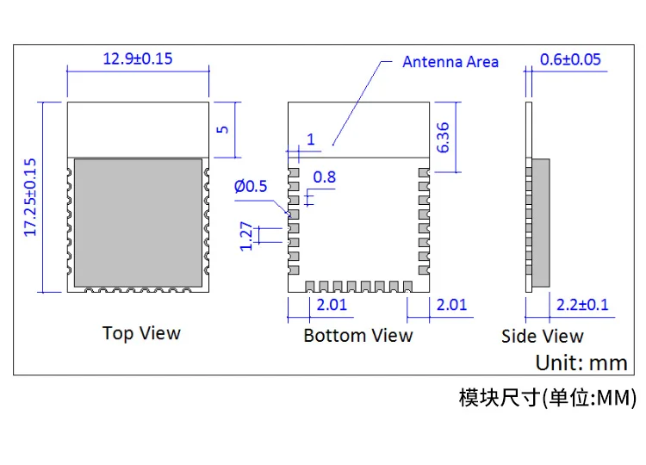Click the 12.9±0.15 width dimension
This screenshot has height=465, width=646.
tap(138, 59)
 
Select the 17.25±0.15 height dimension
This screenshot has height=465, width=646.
tap(30, 198)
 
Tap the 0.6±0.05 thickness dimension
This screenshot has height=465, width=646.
tap(570, 59)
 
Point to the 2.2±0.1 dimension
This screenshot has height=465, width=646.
tap(582, 305)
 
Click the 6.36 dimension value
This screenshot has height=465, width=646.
tap(443, 138)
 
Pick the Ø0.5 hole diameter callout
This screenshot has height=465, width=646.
tap(251, 186)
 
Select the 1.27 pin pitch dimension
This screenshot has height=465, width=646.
tap(246, 236)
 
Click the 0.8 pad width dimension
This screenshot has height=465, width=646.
tap(325, 177)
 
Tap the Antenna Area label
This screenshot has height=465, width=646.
tap(450, 62)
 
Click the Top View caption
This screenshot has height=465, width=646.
tap(141, 332)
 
